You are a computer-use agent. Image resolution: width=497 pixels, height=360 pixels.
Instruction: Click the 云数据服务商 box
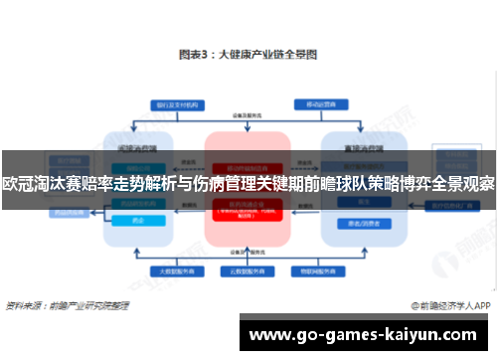click(248, 270)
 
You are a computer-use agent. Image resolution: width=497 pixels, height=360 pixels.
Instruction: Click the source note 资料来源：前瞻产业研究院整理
click(68, 304)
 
